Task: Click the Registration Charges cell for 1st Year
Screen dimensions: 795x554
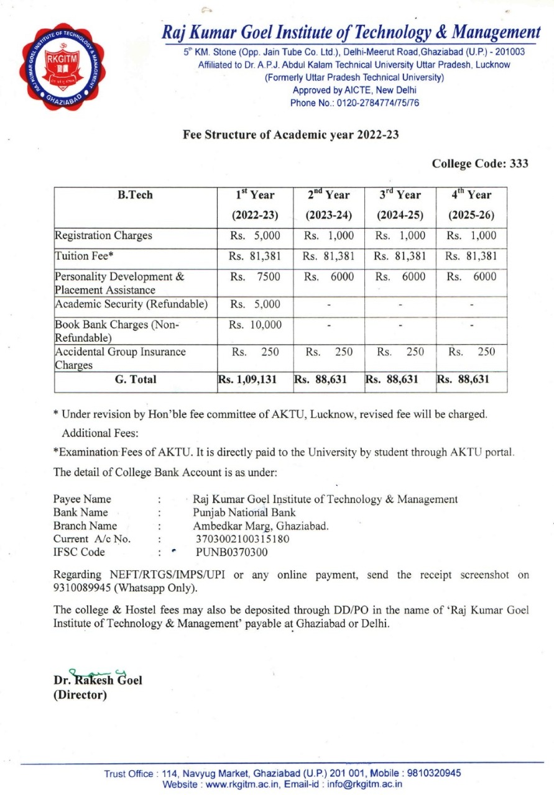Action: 255,236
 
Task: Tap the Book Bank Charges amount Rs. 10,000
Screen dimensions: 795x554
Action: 255,325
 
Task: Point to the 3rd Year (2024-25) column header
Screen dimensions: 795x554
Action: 400,205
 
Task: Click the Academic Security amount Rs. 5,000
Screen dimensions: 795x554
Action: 255,304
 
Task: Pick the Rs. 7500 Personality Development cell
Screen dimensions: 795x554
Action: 255,277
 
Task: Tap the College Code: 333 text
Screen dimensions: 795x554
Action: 480,164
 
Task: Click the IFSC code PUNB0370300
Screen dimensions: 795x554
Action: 233,552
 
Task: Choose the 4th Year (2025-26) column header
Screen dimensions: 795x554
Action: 471,205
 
